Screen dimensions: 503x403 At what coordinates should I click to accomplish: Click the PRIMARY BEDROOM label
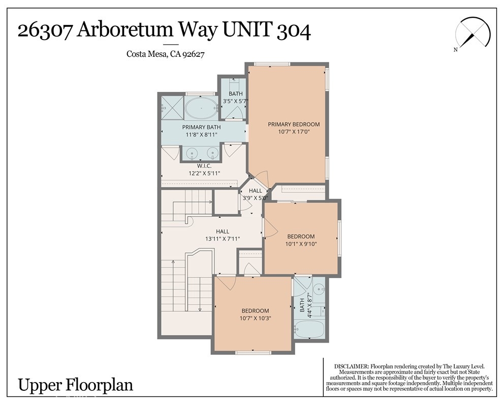click(x=294, y=124)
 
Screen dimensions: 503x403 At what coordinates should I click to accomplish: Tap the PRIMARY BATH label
click(x=202, y=127)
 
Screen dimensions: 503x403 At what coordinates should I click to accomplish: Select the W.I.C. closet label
click(x=204, y=166)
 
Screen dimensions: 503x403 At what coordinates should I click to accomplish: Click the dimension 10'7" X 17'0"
click(x=294, y=131)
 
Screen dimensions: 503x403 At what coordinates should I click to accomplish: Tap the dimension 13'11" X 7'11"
click(x=223, y=239)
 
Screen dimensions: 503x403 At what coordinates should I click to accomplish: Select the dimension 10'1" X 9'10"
click(x=301, y=244)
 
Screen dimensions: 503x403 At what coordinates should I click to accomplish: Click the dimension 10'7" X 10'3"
click(x=256, y=318)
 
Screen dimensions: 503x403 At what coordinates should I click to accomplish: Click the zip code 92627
click(x=193, y=54)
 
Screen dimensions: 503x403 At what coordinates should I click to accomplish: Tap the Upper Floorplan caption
click(x=75, y=385)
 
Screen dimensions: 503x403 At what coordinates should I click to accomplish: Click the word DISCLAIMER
click(x=352, y=366)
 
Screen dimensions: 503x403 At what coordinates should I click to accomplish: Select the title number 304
click(x=293, y=30)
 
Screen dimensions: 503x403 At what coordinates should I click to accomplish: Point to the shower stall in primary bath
click(x=172, y=108)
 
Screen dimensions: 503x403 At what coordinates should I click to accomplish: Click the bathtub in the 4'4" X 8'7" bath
click(x=310, y=329)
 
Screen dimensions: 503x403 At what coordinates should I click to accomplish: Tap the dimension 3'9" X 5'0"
click(x=255, y=198)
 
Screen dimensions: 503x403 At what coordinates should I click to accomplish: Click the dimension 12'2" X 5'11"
click(x=204, y=173)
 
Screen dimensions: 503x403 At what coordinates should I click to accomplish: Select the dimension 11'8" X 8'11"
click(x=202, y=135)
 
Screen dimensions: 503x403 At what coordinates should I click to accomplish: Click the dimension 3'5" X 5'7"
click(x=236, y=101)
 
